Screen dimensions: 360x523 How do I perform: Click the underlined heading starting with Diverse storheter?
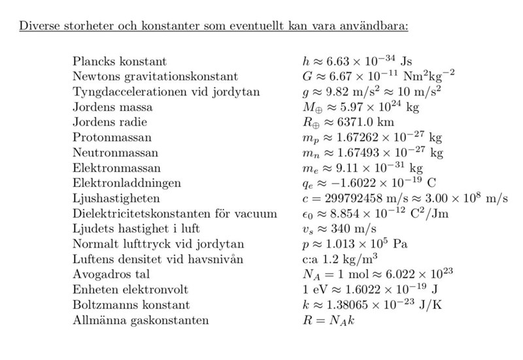214,27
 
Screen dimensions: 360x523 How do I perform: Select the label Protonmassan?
112,137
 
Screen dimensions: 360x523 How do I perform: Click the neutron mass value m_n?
369,152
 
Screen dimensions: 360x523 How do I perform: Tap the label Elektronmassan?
116,168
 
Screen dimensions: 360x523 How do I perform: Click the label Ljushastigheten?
116,198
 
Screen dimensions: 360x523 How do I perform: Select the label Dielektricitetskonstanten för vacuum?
175,214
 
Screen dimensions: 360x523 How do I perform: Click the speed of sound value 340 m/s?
333,229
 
